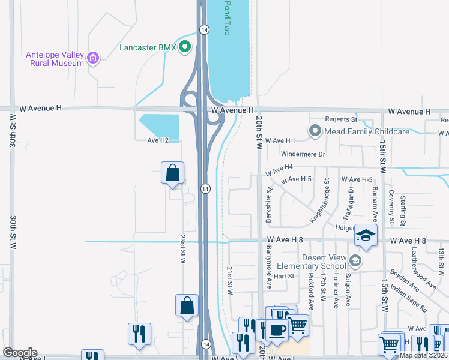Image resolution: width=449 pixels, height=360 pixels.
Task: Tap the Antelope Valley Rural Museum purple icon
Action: click(x=93, y=58)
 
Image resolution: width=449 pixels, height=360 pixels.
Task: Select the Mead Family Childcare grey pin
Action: click(x=315, y=131)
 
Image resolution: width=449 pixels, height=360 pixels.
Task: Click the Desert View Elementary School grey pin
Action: click(x=356, y=260)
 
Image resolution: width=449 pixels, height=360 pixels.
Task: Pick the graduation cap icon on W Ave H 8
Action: click(x=364, y=235)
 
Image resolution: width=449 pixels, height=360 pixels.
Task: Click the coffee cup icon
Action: click(x=277, y=329)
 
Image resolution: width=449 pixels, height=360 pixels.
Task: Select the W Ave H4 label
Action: click(x=279, y=169)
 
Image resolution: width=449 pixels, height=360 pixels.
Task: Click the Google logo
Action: click(x=20, y=352)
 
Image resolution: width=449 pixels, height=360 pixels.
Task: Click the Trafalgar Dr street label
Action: click(x=349, y=202)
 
